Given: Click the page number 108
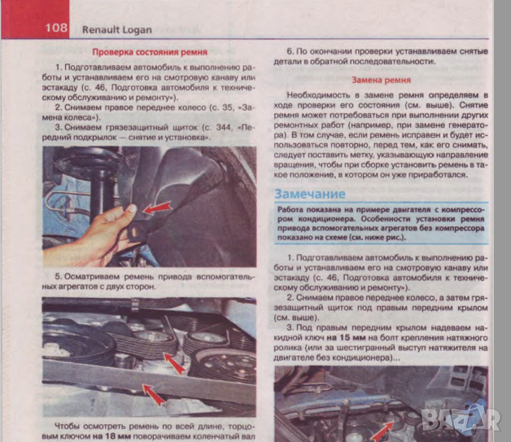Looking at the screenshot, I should (56, 27).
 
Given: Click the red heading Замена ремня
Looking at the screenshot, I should (381, 81).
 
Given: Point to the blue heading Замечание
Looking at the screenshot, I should (310, 194).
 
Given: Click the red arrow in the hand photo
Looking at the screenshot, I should (159, 209).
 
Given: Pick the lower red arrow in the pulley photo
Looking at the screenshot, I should (153, 395).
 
